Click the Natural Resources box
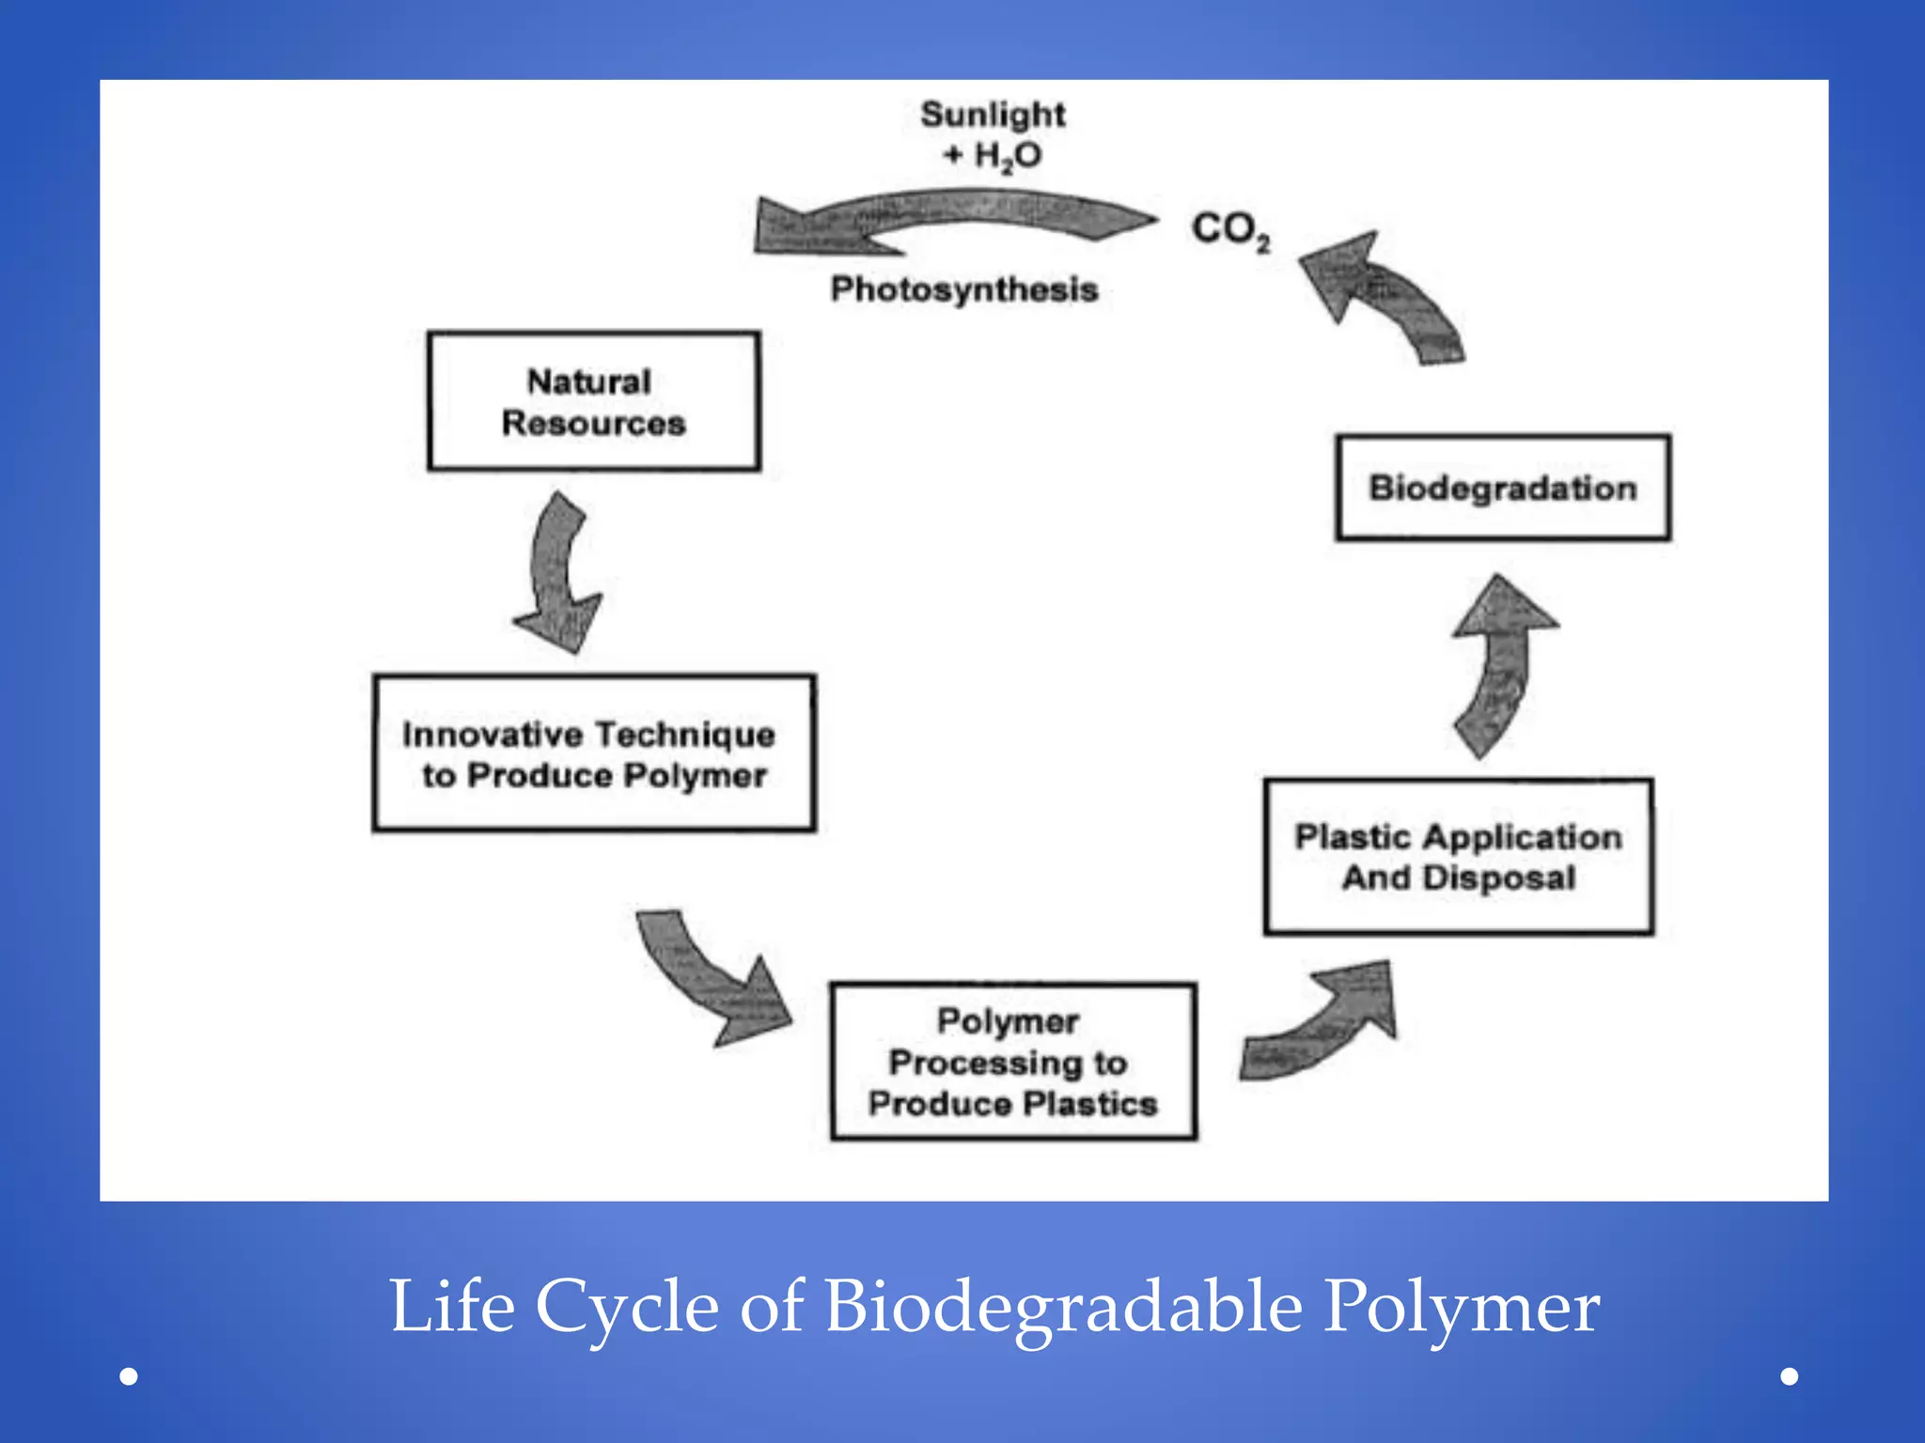pos(593,401)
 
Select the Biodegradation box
pos(1502,488)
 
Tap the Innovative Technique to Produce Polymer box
pos(593,753)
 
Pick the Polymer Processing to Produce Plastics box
pos(1012,1062)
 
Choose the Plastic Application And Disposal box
pos(1458,857)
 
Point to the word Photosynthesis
pos(963,289)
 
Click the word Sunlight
pos(993,115)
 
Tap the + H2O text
pos(993,155)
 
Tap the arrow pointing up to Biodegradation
pos(1501,662)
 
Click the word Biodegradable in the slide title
pos(1064,1308)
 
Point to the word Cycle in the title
pos(627,1308)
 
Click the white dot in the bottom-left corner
pos(130,1376)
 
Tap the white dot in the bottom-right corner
pos(1790,1376)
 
